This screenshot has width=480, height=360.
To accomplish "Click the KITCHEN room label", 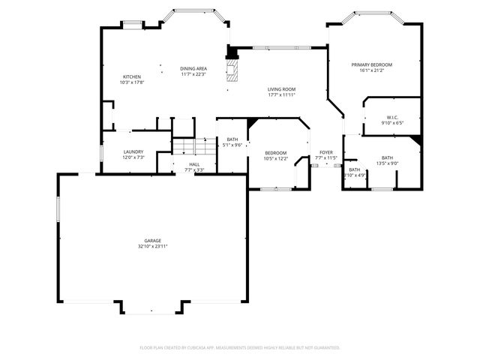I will coord(131,77).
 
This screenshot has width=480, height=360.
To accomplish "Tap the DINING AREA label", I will coord(193,69).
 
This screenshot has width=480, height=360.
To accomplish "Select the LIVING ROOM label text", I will coord(281,89).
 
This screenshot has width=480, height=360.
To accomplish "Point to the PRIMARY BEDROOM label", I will coord(371,65).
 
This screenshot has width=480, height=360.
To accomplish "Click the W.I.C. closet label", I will coord(392,117).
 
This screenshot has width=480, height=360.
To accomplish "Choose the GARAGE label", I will coord(152,241).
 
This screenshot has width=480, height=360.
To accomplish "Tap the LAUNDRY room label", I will coord(133,152).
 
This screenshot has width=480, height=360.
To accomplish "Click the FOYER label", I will coord(325,152).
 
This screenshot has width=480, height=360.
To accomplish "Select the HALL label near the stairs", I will coord(194,164).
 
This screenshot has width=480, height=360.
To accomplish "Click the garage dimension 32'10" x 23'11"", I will coord(152,246).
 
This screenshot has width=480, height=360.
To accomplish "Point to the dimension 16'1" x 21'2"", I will coord(371,70).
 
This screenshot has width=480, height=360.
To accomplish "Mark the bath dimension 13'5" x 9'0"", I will coord(387,163).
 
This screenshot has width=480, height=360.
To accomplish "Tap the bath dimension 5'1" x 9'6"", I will coord(232,145).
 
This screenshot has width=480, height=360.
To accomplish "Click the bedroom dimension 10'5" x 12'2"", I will coord(275,158).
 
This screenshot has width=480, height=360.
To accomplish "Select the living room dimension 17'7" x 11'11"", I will coord(281,94).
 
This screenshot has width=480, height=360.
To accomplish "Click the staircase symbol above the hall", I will coord(194,146).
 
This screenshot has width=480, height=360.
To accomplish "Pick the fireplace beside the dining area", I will coord(234,68).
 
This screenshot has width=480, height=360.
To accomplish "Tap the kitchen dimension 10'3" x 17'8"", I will coord(131,82).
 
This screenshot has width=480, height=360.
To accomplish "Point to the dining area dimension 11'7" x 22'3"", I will coord(193,74).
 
